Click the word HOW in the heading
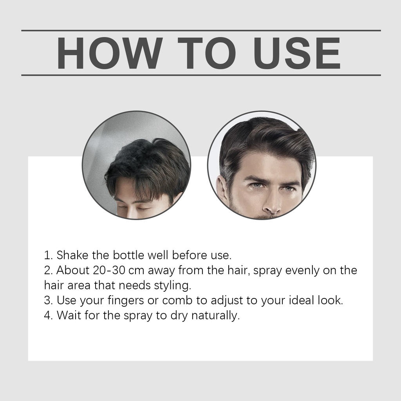point(110,53)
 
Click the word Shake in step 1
point(72,255)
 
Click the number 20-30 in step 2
point(109,270)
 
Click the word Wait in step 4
point(69,315)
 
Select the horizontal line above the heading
point(201,31)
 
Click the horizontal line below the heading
point(201,75)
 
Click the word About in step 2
point(73,270)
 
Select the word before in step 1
point(190,255)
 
